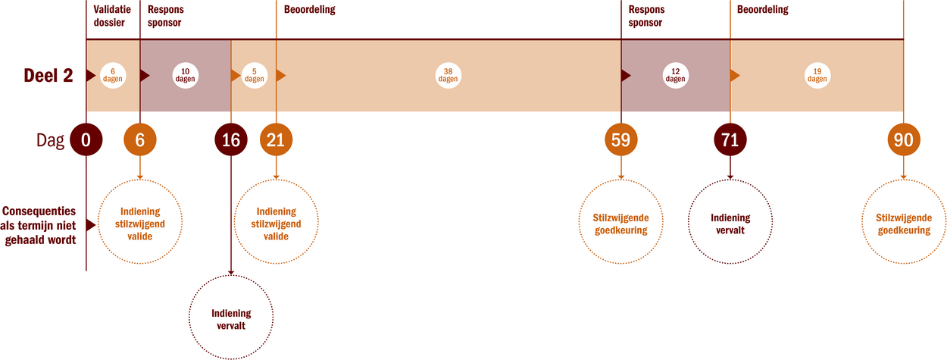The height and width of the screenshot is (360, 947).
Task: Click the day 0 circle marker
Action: (x=86, y=139)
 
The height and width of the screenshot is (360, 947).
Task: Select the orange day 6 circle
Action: (x=140, y=139)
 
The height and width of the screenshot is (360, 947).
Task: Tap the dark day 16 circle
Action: (x=231, y=139)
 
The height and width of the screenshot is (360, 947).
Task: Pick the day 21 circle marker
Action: (x=276, y=139)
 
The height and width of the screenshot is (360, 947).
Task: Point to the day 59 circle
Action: (x=621, y=139)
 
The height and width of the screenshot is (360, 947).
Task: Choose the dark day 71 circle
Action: (x=730, y=139)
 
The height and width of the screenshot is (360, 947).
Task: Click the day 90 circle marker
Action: (x=904, y=139)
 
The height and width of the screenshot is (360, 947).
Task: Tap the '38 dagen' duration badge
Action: (x=448, y=75)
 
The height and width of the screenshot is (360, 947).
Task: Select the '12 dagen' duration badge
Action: (x=676, y=75)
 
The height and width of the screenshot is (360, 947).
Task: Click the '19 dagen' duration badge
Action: (x=817, y=75)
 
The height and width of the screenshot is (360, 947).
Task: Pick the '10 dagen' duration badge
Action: (x=185, y=75)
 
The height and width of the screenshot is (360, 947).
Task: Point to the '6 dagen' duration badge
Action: (x=113, y=75)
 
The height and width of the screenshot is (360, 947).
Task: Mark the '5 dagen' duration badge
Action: (x=254, y=75)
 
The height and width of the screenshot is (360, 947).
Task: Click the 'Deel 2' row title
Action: (x=48, y=75)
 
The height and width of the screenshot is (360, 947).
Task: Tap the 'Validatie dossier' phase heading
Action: (x=112, y=16)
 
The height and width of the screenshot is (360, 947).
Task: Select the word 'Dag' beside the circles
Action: (x=50, y=140)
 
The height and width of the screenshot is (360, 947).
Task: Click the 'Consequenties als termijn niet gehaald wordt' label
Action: (x=39, y=226)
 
